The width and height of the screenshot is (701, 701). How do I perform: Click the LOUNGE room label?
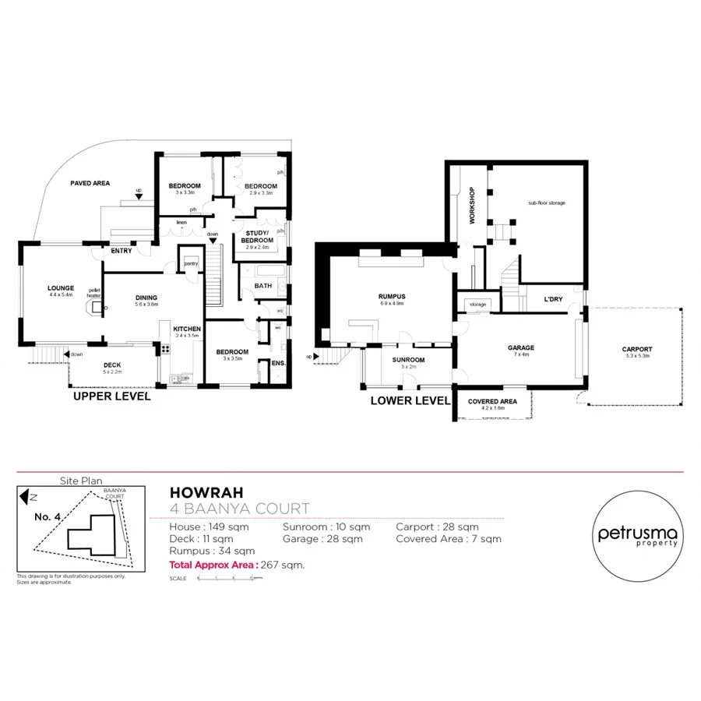tap(60, 288)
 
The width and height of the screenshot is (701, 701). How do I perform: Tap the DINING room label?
tap(146, 298)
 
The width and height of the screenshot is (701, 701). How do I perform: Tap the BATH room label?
tap(262, 286)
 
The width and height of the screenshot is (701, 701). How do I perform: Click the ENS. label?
tap(278, 364)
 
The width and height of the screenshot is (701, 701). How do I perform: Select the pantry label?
tap(190, 264)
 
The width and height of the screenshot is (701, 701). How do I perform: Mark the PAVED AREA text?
tap(90, 183)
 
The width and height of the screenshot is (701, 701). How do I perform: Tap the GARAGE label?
tap(520, 348)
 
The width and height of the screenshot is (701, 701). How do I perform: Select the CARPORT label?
tap(636, 349)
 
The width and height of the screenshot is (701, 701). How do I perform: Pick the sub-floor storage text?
tap(546, 203)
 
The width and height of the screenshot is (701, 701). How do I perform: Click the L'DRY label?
tap(553, 299)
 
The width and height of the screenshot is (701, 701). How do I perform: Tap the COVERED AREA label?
tap(492, 401)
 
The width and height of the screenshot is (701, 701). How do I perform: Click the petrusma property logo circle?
tap(638, 537)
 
